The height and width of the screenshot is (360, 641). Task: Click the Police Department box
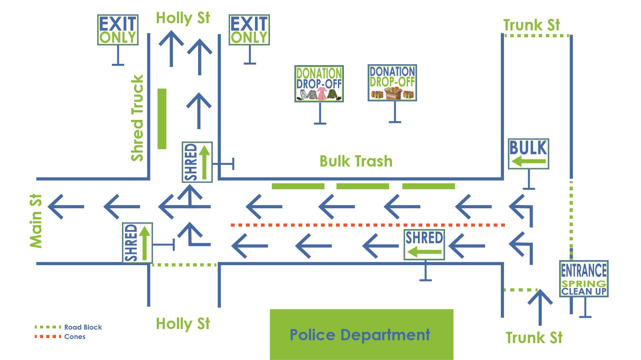click(361, 334)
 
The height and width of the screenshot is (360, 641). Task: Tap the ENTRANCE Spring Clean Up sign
click(583, 279)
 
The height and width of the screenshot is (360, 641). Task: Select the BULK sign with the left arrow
click(528, 154)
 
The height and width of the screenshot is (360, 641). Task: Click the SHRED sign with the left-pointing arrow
click(424, 245)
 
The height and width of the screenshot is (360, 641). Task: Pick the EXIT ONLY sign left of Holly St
click(118, 30)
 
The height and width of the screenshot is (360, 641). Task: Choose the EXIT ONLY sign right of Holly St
click(249, 30)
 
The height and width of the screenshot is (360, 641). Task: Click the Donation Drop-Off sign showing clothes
click(319, 84)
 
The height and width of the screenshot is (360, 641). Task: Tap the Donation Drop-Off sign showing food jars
click(392, 83)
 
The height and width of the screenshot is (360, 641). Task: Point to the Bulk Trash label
click(356, 161)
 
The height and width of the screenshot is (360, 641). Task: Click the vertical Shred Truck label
click(137, 118)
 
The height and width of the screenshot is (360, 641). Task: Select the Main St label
click(36, 221)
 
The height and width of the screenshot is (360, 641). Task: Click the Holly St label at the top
click(183, 18)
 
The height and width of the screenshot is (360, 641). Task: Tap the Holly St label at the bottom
click(183, 324)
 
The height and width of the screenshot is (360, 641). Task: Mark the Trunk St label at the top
click(531, 25)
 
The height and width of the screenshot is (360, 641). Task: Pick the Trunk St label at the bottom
click(534, 338)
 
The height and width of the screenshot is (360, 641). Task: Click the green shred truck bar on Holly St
click(162, 119)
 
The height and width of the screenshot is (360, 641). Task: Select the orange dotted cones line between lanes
click(368, 225)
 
